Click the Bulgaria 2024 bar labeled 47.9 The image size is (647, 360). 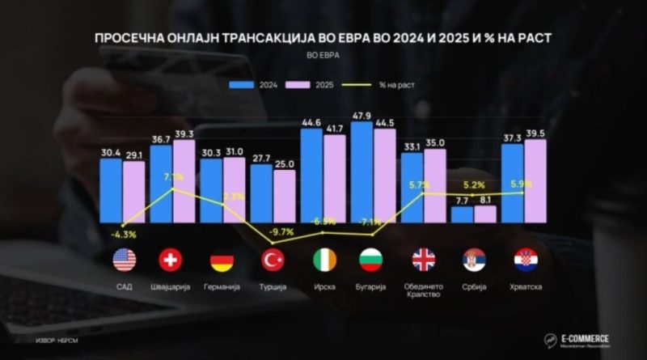tap(362, 172)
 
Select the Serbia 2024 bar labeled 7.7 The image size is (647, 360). tap(462, 214)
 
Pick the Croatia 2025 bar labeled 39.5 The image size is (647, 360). tap(535, 180)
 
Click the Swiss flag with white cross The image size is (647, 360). tap(171, 260)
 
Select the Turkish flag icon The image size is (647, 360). tap(273, 260)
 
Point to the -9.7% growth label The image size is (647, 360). tap(283, 232)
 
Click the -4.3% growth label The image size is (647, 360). tap(124, 234)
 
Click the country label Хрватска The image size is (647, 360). tap(525, 287)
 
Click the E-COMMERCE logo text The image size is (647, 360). tap(587, 337)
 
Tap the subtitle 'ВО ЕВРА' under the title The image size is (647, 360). tap(323, 57)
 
